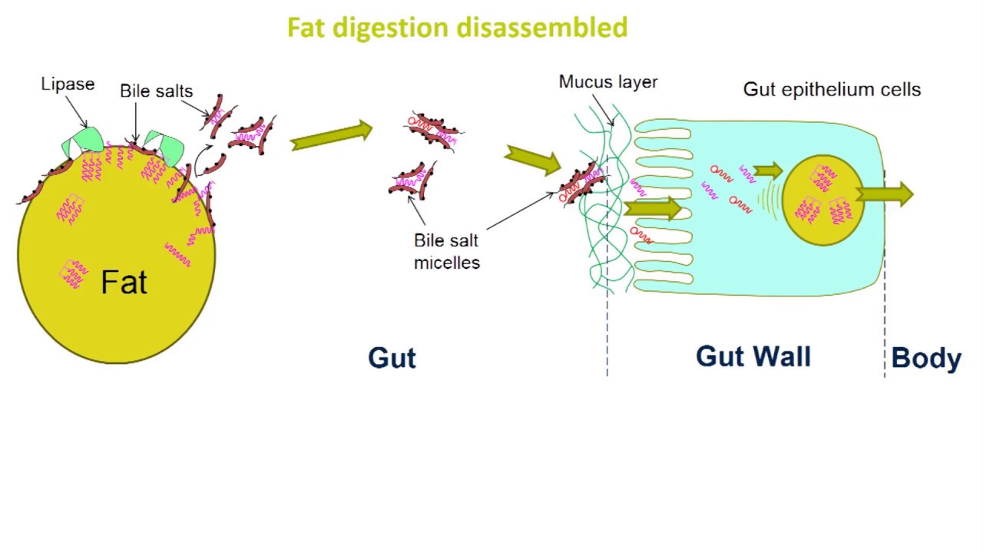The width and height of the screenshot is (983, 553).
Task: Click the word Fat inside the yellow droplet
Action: click(124, 283)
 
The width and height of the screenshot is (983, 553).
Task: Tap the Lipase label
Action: click(68, 84)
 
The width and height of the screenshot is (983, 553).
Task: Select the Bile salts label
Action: click(156, 91)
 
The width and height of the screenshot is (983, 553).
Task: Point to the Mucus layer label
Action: click(607, 82)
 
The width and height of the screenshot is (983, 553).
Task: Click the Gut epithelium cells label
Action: click(832, 89)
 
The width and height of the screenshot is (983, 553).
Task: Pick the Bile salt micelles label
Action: click(446, 251)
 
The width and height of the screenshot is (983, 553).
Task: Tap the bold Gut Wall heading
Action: click(753, 356)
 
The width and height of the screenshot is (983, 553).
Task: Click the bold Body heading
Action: click(926, 359)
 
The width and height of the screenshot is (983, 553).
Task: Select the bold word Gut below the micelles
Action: click(392, 358)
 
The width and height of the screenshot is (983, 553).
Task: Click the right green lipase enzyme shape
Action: click(164, 144)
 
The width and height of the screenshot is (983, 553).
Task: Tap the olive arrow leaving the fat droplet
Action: click(331, 136)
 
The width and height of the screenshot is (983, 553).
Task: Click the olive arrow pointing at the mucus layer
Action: click(533, 160)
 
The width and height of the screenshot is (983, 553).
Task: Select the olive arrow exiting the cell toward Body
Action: click(885, 195)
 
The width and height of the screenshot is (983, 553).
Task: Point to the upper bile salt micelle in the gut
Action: click(434, 131)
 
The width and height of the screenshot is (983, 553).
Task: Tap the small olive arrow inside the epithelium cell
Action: click(767, 171)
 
